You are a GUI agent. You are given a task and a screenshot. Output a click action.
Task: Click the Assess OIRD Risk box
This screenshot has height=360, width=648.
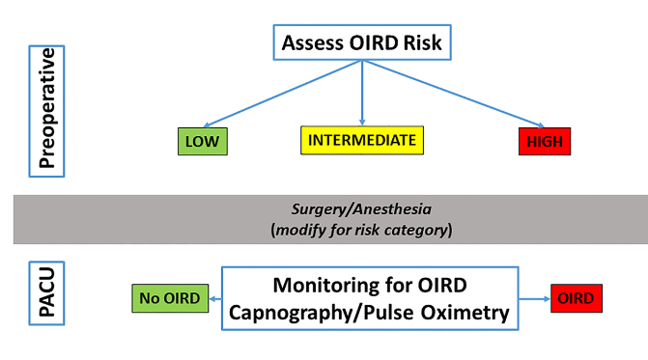click(361, 42)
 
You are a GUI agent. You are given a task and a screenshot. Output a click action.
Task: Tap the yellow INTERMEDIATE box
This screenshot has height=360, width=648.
click(361, 141)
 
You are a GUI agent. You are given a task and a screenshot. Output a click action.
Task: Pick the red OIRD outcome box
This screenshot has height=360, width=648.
click(578, 298)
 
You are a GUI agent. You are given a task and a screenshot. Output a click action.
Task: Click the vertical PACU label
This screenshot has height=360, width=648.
click(44, 298)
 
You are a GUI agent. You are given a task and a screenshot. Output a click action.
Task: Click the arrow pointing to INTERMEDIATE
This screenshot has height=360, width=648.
click(361, 92)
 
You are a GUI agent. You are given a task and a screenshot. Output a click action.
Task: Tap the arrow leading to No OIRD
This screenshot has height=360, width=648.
click(215, 298)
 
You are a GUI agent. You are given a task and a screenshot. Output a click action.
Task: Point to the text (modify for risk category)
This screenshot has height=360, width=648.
click(361, 231)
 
